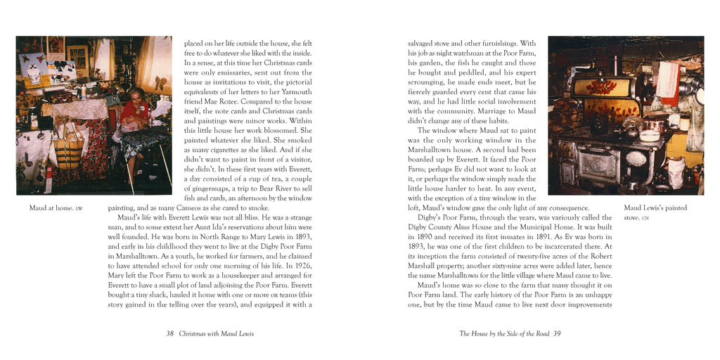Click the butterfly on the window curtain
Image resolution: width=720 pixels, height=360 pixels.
pos(161,84)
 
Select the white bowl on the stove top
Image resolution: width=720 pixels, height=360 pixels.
pos(650,136)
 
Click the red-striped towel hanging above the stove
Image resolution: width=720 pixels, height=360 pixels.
pos(666,78)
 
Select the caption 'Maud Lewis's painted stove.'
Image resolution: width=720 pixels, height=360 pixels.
pos(655,212)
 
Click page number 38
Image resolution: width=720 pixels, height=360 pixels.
pos(169,333)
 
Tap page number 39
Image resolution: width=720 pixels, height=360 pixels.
pos(557,333)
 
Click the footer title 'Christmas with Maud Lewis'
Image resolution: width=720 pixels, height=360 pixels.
pos(216,333)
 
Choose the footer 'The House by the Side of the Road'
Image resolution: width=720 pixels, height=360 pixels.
pos(504,333)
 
